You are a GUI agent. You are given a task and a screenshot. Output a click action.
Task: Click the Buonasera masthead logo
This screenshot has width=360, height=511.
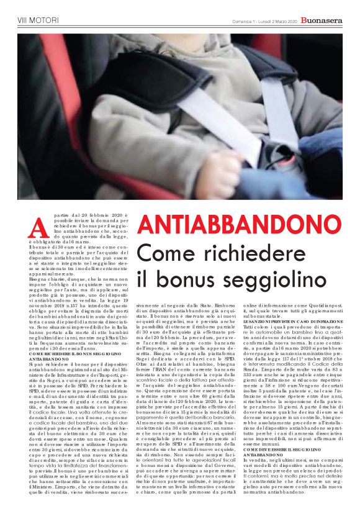pos(322,20)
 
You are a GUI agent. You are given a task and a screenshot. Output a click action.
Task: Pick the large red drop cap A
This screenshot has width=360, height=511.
pos(38,228)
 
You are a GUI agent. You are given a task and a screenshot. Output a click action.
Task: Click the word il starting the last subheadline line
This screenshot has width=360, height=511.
pos(142,278)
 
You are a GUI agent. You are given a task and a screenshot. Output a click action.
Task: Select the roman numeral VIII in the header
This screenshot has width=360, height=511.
pos(23,21)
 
